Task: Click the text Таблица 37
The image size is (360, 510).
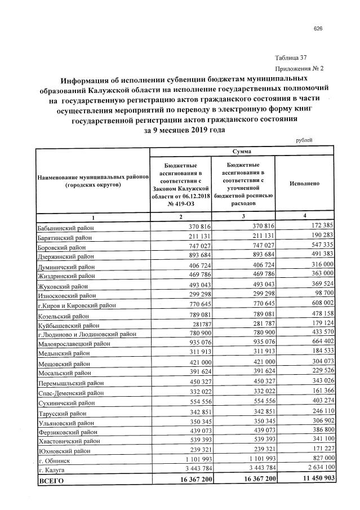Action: pos(291,58)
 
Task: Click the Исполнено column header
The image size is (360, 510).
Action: pos(304,184)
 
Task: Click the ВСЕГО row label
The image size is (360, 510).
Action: pos(52,480)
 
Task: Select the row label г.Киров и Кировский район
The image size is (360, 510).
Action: pos(76,305)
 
